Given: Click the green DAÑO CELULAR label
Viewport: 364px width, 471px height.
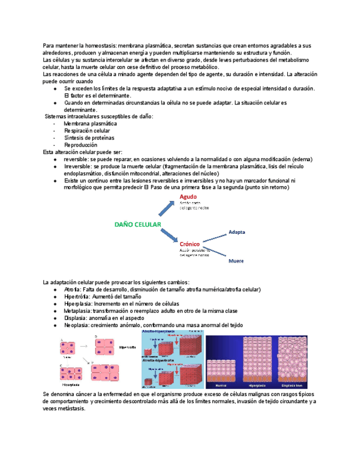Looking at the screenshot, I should [x=138, y=224].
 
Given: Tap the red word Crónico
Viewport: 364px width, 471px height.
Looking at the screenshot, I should [x=190, y=243].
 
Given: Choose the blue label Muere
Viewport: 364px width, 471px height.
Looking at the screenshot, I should [x=237, y=260].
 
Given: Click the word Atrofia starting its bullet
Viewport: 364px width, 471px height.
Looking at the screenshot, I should [x=72, y=289].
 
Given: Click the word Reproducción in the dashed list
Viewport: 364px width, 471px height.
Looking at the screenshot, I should [x=81, y=145].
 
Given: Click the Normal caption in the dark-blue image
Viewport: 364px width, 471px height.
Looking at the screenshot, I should [x=222, y=384].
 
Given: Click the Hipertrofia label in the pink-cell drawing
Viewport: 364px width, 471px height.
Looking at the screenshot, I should [x=127, y=347].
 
